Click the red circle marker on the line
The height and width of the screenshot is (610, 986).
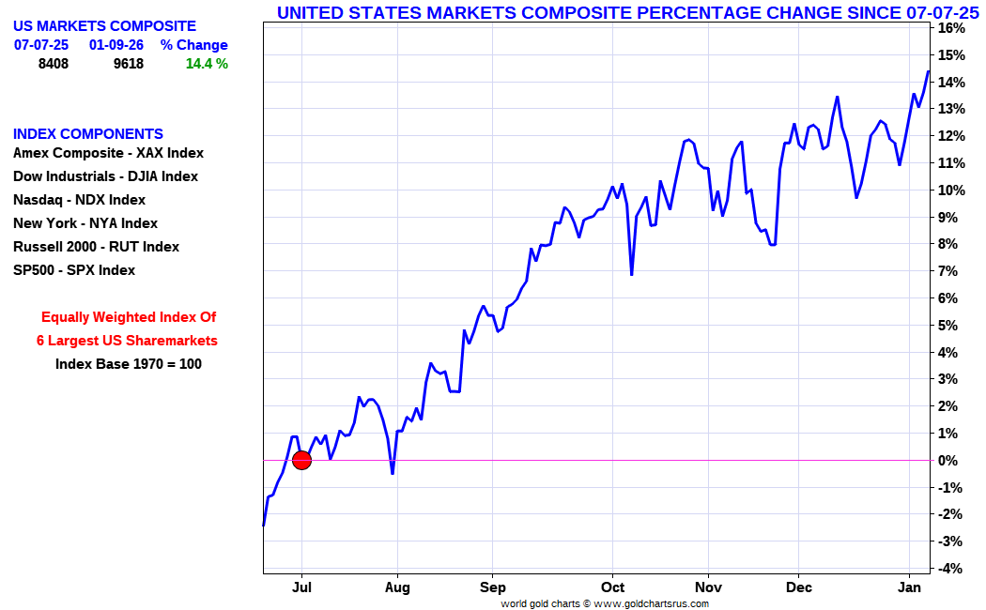(301, 460)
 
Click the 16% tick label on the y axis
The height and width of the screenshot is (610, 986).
(952, 28)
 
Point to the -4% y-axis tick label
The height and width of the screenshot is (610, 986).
(950, 569)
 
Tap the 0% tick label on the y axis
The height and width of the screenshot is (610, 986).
(950, 461)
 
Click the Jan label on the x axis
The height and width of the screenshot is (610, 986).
(909, 588)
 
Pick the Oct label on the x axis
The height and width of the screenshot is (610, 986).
(612, 588)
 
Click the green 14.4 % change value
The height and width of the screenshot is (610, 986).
(207, 64)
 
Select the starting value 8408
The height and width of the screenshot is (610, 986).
(53, 64)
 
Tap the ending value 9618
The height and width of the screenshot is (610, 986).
(128, 64)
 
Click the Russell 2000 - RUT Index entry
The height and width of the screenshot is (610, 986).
(96, 247)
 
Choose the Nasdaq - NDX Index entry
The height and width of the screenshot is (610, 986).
(80, 200)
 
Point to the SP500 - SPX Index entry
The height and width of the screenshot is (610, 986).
(74, 270)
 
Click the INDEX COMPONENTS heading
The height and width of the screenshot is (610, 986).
(88, 134)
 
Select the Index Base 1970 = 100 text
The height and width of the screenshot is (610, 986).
(129, 364)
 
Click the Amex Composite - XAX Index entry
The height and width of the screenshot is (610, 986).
(108, 153)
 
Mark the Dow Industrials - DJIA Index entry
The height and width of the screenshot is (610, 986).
(105, 176)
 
